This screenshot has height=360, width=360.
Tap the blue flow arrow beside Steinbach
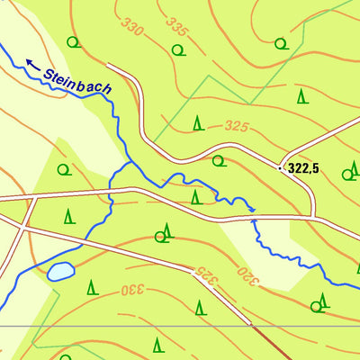32,64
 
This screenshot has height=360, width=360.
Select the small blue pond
61,271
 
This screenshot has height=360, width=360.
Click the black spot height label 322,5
303,167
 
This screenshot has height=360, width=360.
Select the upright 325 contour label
236,126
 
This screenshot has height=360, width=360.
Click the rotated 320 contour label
249,274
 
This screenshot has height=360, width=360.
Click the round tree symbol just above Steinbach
74,41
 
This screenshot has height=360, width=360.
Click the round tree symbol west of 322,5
218,162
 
